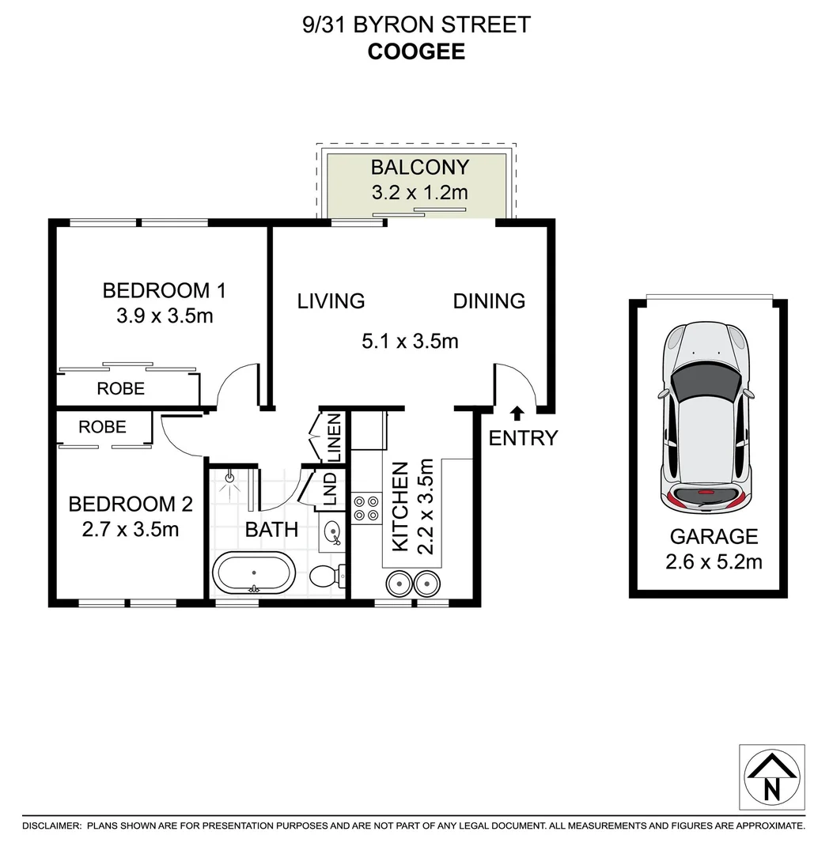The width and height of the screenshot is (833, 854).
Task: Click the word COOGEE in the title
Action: point(416,51)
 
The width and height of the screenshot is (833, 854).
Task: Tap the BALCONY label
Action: point(419,168)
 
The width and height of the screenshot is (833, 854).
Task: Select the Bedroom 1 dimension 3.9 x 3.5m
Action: point(165,317)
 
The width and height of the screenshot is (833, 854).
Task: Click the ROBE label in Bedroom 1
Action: point(121,388)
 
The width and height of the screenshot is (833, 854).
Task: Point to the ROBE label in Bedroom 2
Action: point(103,427)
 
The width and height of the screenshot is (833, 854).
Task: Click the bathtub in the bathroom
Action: point(254,572)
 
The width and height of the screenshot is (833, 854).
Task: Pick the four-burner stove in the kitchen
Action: point(365,508)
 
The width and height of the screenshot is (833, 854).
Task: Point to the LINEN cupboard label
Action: point(333,438)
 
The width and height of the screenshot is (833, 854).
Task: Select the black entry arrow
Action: point(517,413)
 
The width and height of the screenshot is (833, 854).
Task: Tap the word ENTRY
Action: point(523,438)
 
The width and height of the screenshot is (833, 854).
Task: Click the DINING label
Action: point(489,300)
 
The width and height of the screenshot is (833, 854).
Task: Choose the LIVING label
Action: point(331,300)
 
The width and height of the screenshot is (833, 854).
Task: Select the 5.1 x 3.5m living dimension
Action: point(410,342)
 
